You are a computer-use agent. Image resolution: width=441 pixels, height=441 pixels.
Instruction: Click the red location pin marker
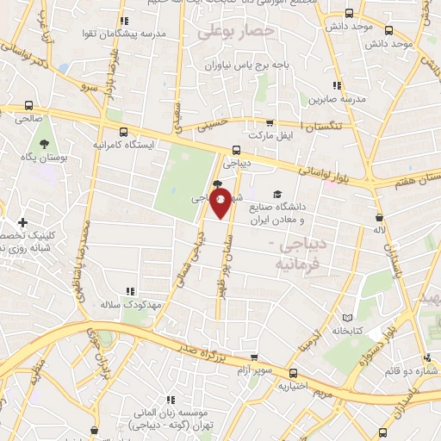221,203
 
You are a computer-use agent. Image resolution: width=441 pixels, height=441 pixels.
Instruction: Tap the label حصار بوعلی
235,31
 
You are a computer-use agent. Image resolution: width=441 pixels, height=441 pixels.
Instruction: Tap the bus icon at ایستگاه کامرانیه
126,133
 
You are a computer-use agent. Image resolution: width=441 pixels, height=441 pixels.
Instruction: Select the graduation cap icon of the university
277,194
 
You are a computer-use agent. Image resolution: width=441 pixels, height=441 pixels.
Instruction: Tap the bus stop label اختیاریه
294,386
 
